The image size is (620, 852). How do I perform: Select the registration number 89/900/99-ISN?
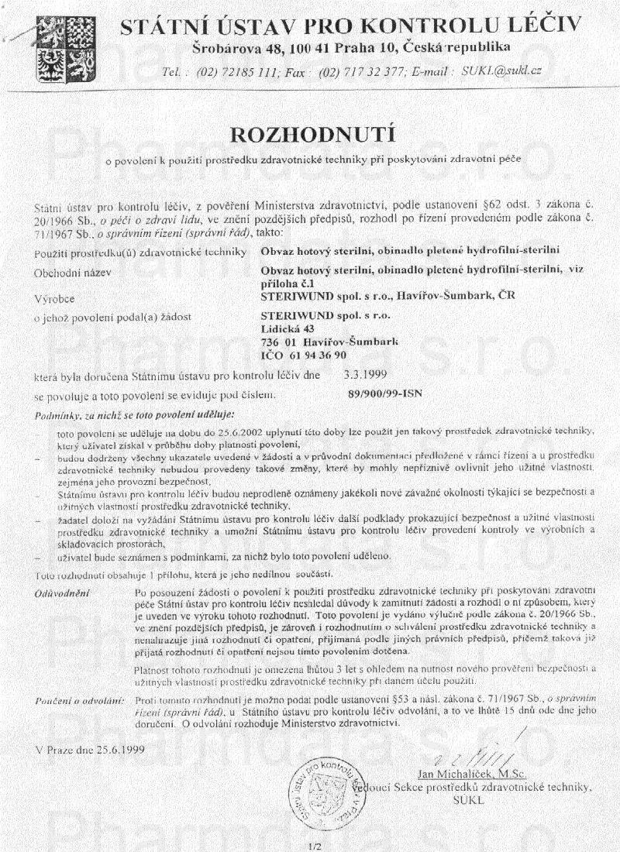click(385, 393)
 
